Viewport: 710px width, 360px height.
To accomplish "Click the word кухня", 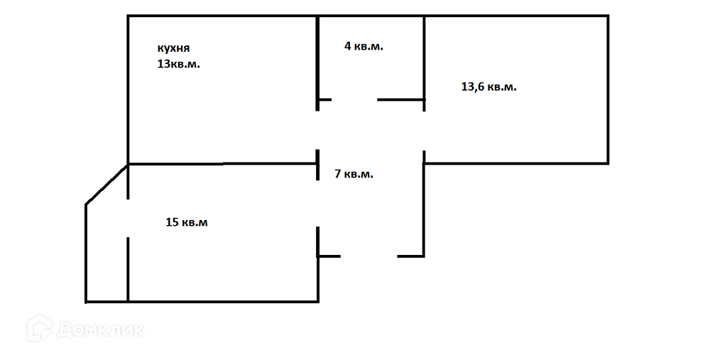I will tap(173, 48).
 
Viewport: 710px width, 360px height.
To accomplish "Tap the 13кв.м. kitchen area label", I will tap(179, 64).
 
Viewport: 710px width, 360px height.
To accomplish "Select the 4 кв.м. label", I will tap(364, 46).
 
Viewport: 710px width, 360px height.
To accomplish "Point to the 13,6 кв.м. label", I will tap(488, 87).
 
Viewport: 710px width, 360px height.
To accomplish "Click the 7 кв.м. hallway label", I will tap(354, 173).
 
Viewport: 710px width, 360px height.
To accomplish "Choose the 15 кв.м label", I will tap(187, 222).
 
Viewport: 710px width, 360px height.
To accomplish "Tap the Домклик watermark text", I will tap(101, 330).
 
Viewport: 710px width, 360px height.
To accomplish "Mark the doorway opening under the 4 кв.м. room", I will tap(354, 100).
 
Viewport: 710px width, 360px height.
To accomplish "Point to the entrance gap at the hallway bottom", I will tap(368, 256).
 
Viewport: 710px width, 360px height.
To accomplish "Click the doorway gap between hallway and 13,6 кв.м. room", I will tap(424, 131).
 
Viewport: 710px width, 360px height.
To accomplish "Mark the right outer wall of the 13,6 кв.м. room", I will tap(608, 89).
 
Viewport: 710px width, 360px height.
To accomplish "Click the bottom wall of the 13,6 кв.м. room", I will tap(516, 163).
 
